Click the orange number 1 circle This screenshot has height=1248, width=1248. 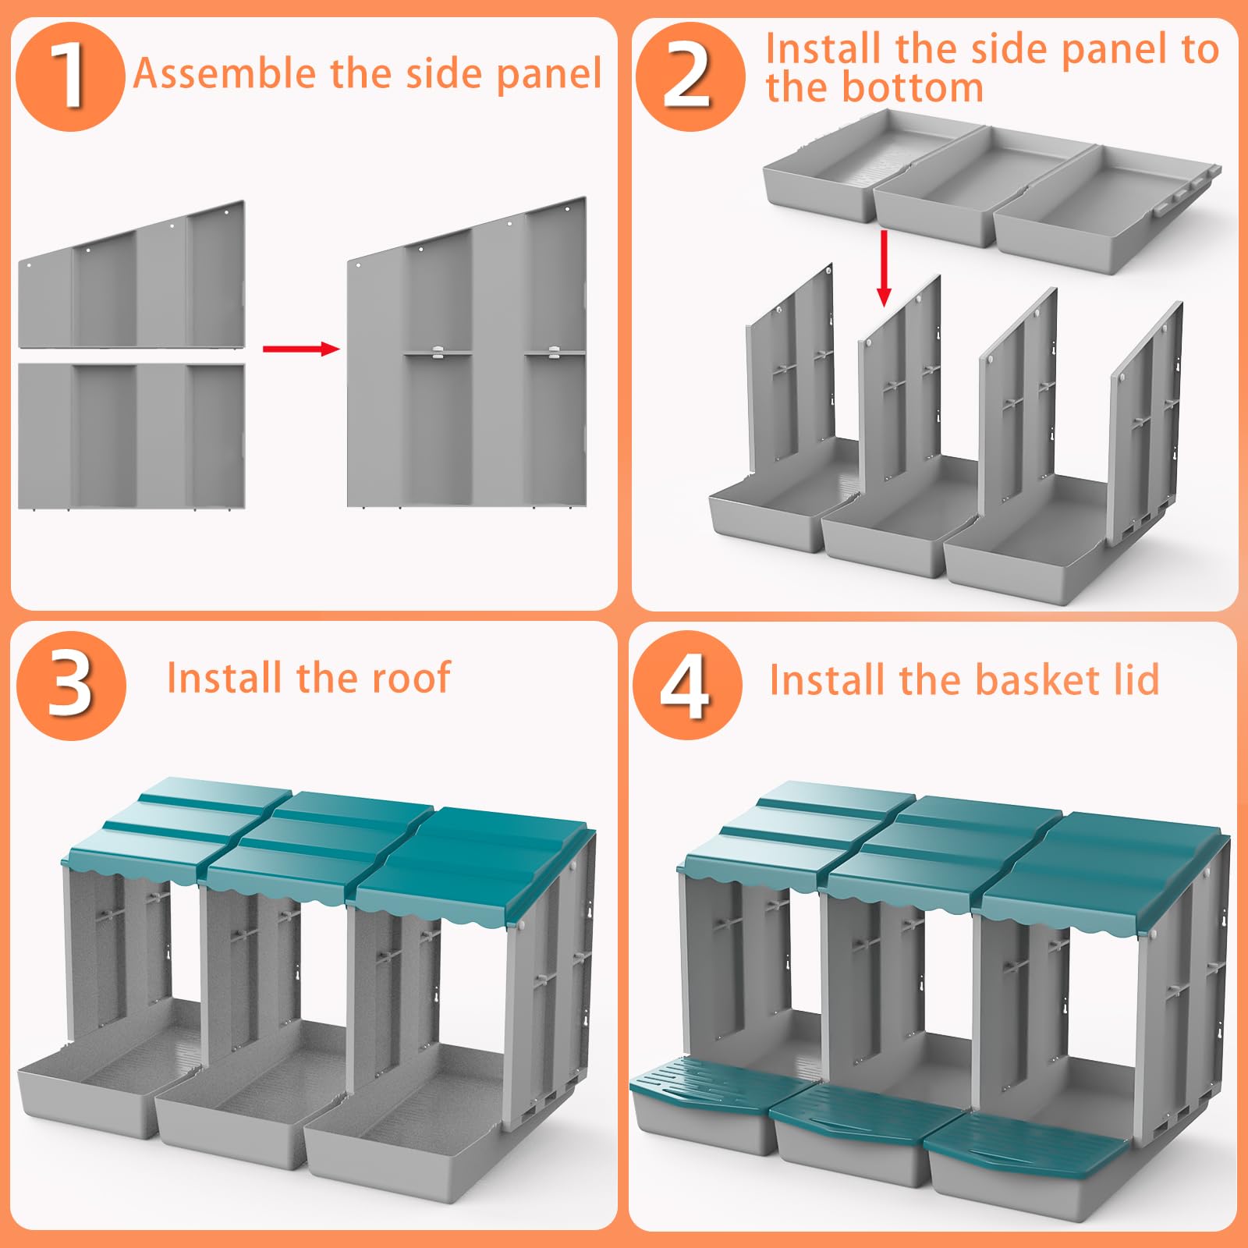(x=70, y=76)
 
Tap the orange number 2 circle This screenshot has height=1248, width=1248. (x=690, y=76)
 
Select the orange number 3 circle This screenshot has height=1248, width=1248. (x=72, y=685)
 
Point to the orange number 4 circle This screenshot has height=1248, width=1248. (x=686, y=685)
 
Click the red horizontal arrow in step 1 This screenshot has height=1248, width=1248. (x=301, y=348)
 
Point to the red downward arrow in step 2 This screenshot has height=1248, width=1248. (x=884, y=268)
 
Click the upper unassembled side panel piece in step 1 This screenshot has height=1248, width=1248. (x=132, y=275)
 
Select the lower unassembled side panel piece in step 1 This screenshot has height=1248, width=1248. (x=132, y=437)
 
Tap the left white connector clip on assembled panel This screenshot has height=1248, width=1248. (x=438, y=353)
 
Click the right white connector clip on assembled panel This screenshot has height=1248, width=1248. (x=555, y=352)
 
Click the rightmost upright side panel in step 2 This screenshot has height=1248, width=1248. (x=1145, y=421)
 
